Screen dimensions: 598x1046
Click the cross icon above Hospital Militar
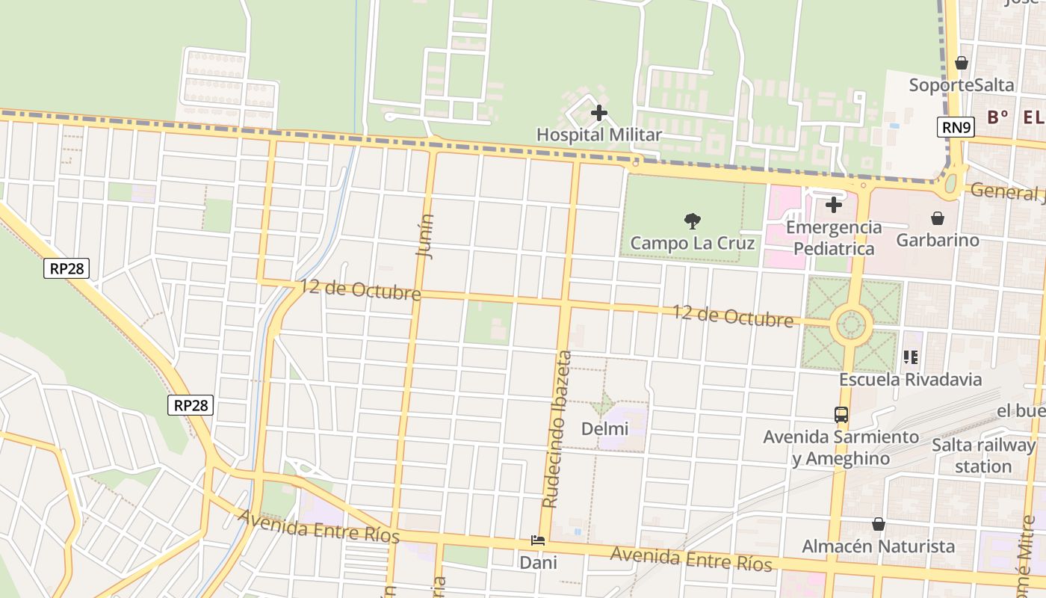tap(599, 114)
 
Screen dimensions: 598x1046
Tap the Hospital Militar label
tap(599, 135)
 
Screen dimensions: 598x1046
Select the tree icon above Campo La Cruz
tap(693, 221)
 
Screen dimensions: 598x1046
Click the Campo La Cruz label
tap(693, 243)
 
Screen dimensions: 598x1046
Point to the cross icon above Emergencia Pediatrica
tap(834, 204)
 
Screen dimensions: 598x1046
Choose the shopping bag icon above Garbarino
tap(938, 218)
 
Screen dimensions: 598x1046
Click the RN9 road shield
tap(956, 127)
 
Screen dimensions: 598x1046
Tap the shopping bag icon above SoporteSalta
tap(962, 63)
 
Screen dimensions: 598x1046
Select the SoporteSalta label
tap(962, 84)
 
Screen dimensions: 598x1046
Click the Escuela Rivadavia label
tap(910, 379)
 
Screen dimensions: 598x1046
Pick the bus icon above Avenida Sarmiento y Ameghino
tap(841, 414)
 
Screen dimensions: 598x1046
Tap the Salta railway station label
tap(983, 456)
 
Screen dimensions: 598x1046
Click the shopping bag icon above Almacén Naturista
tap(879, 524)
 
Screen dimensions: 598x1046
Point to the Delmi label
tap(604, 429)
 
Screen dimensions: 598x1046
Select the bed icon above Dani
tap(538, 540)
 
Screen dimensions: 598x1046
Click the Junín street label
tap(425, 236)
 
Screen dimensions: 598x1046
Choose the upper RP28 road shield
tap(66, 268)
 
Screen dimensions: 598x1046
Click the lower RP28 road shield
tap(191, 405)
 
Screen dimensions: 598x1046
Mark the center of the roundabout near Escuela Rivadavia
tap(851, 325)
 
